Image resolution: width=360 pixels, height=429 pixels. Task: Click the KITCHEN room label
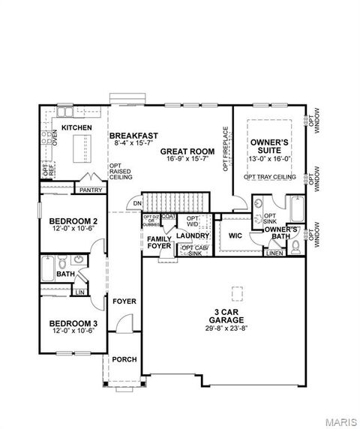pyautogui.click(x=76, y=128)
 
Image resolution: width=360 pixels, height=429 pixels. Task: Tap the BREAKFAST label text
pyautogui.click(x=133, y=136)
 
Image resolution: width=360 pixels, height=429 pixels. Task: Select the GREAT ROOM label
pyautogui.click(x=187, y=151)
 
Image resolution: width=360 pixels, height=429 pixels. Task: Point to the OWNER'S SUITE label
pyautogui.click(x=270, y=145)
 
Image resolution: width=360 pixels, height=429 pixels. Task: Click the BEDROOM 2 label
pyautogui.click(x=73, y=220)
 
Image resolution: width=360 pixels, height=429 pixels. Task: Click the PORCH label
pyautogui.click(x=124, y=359)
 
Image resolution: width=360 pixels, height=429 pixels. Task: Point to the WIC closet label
pyautogui.click(x=235, y=235)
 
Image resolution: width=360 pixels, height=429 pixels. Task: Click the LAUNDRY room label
pyautogui.click(x=193, y=235)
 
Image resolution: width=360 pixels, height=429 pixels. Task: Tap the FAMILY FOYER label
pyautogui.click(x=159, y=241)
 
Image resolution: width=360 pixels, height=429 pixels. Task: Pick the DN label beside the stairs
pyautogui.click(x=137, y=203)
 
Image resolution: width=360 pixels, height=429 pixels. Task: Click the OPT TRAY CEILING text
pyautogui.click(x=269, y=177)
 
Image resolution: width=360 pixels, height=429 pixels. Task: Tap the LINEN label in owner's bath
pyautogui.click(x=274, y=253)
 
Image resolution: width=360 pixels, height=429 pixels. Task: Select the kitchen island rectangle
pyautogui.click(x=77, y=152)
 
